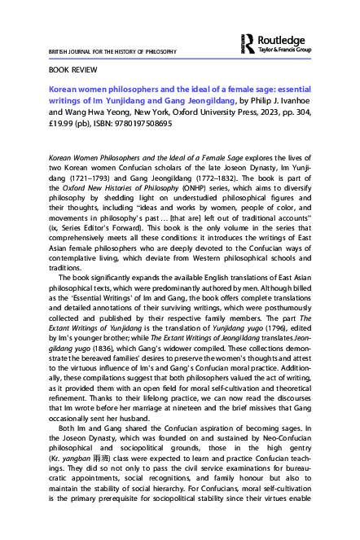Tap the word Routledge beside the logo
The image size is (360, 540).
[281, 37]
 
